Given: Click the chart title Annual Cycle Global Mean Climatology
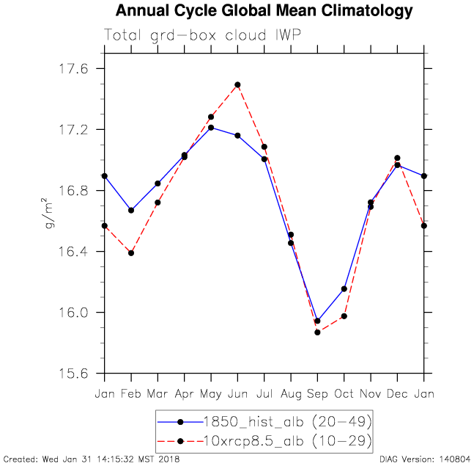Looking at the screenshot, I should (x=264, y=12).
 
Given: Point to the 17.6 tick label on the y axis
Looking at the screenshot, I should (x=73, y=68).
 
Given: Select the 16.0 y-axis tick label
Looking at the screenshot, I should (x=73, y=313).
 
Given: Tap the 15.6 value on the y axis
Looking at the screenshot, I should (x=73, y=374).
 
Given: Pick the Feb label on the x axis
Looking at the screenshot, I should (x=131, y=393).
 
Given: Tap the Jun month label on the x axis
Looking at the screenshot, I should (x=237, y=393).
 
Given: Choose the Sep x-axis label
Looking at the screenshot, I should (x=317, y=393).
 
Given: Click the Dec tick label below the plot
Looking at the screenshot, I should (x=397, y=393).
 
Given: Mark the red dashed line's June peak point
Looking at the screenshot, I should (x=237, y=84).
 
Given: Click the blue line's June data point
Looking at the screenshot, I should (x=237, y=136).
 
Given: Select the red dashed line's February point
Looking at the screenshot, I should (x=131, y=253).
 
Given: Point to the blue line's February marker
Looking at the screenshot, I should (x=131, y=210).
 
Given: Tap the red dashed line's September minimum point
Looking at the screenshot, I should (x=317, y=332).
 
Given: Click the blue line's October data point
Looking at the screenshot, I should (x=344, y=288).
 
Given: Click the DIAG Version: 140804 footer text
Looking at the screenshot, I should (x=426, y=459).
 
